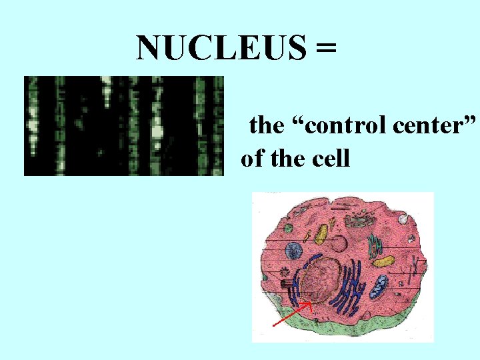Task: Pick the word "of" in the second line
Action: [x=252, y=159]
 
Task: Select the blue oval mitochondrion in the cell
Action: [x=379, y=287]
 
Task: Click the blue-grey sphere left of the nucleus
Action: [x=294, y=251]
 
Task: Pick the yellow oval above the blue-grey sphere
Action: [x=321, y=233]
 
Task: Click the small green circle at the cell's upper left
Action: [x=287, y=228]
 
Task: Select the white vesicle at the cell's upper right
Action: [x=403, y=217]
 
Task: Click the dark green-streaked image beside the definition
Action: [x=123, y=125]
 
